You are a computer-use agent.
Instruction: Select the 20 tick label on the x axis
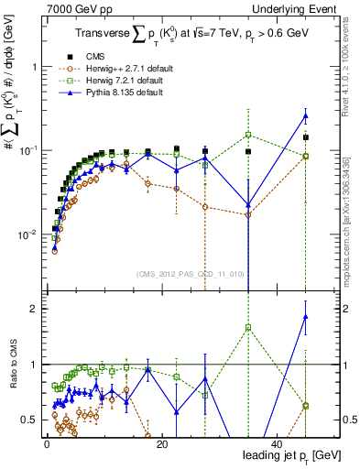click(160, 444)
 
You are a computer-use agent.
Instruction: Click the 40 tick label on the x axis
click(277, 444)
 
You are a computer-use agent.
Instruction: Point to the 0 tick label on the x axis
click(45, 444)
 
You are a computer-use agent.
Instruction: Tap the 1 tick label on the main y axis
click(34, 67)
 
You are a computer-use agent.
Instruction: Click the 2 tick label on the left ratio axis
click(34, 309)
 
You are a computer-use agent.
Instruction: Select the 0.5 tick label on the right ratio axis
click(347, 420)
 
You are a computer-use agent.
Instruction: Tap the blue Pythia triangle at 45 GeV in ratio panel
click(306, 317)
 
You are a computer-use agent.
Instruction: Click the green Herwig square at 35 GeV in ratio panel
click(248, 327)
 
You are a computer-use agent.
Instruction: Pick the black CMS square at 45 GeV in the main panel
click(306, 137)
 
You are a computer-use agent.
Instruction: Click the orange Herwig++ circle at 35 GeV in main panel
click(248, 214)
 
